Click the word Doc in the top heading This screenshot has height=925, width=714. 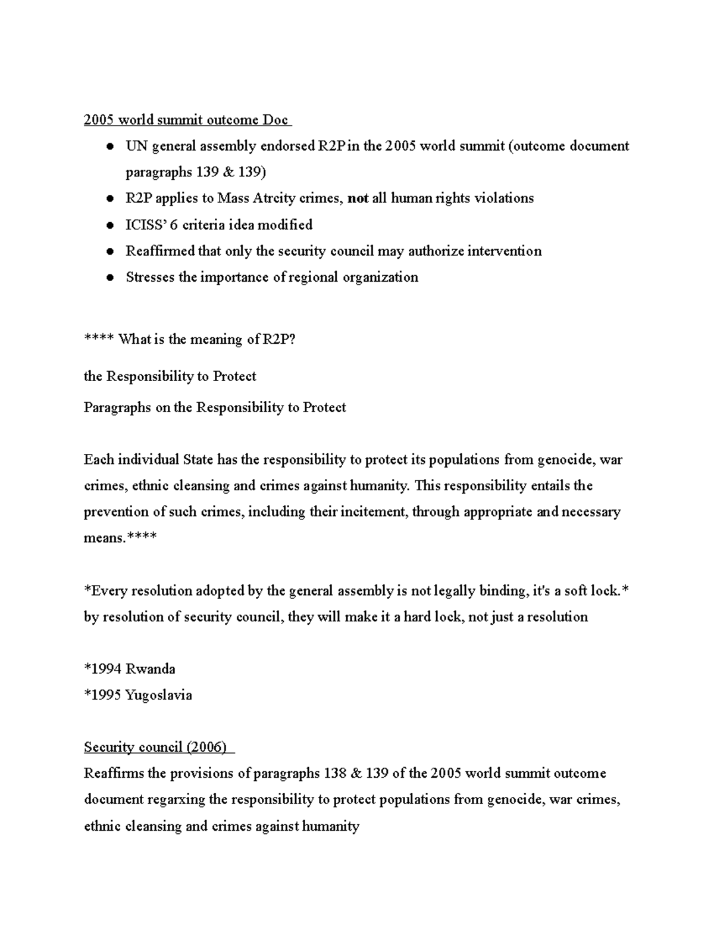click(x=275, y=120)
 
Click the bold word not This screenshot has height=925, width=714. click(x=358, y=198)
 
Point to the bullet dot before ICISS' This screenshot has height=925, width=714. click(x=109, y=226)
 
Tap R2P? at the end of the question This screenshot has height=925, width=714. click(x=279, y=340)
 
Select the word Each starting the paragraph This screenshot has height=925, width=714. click(x=98, y=460)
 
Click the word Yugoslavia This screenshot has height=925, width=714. click(x=158, y=695)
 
